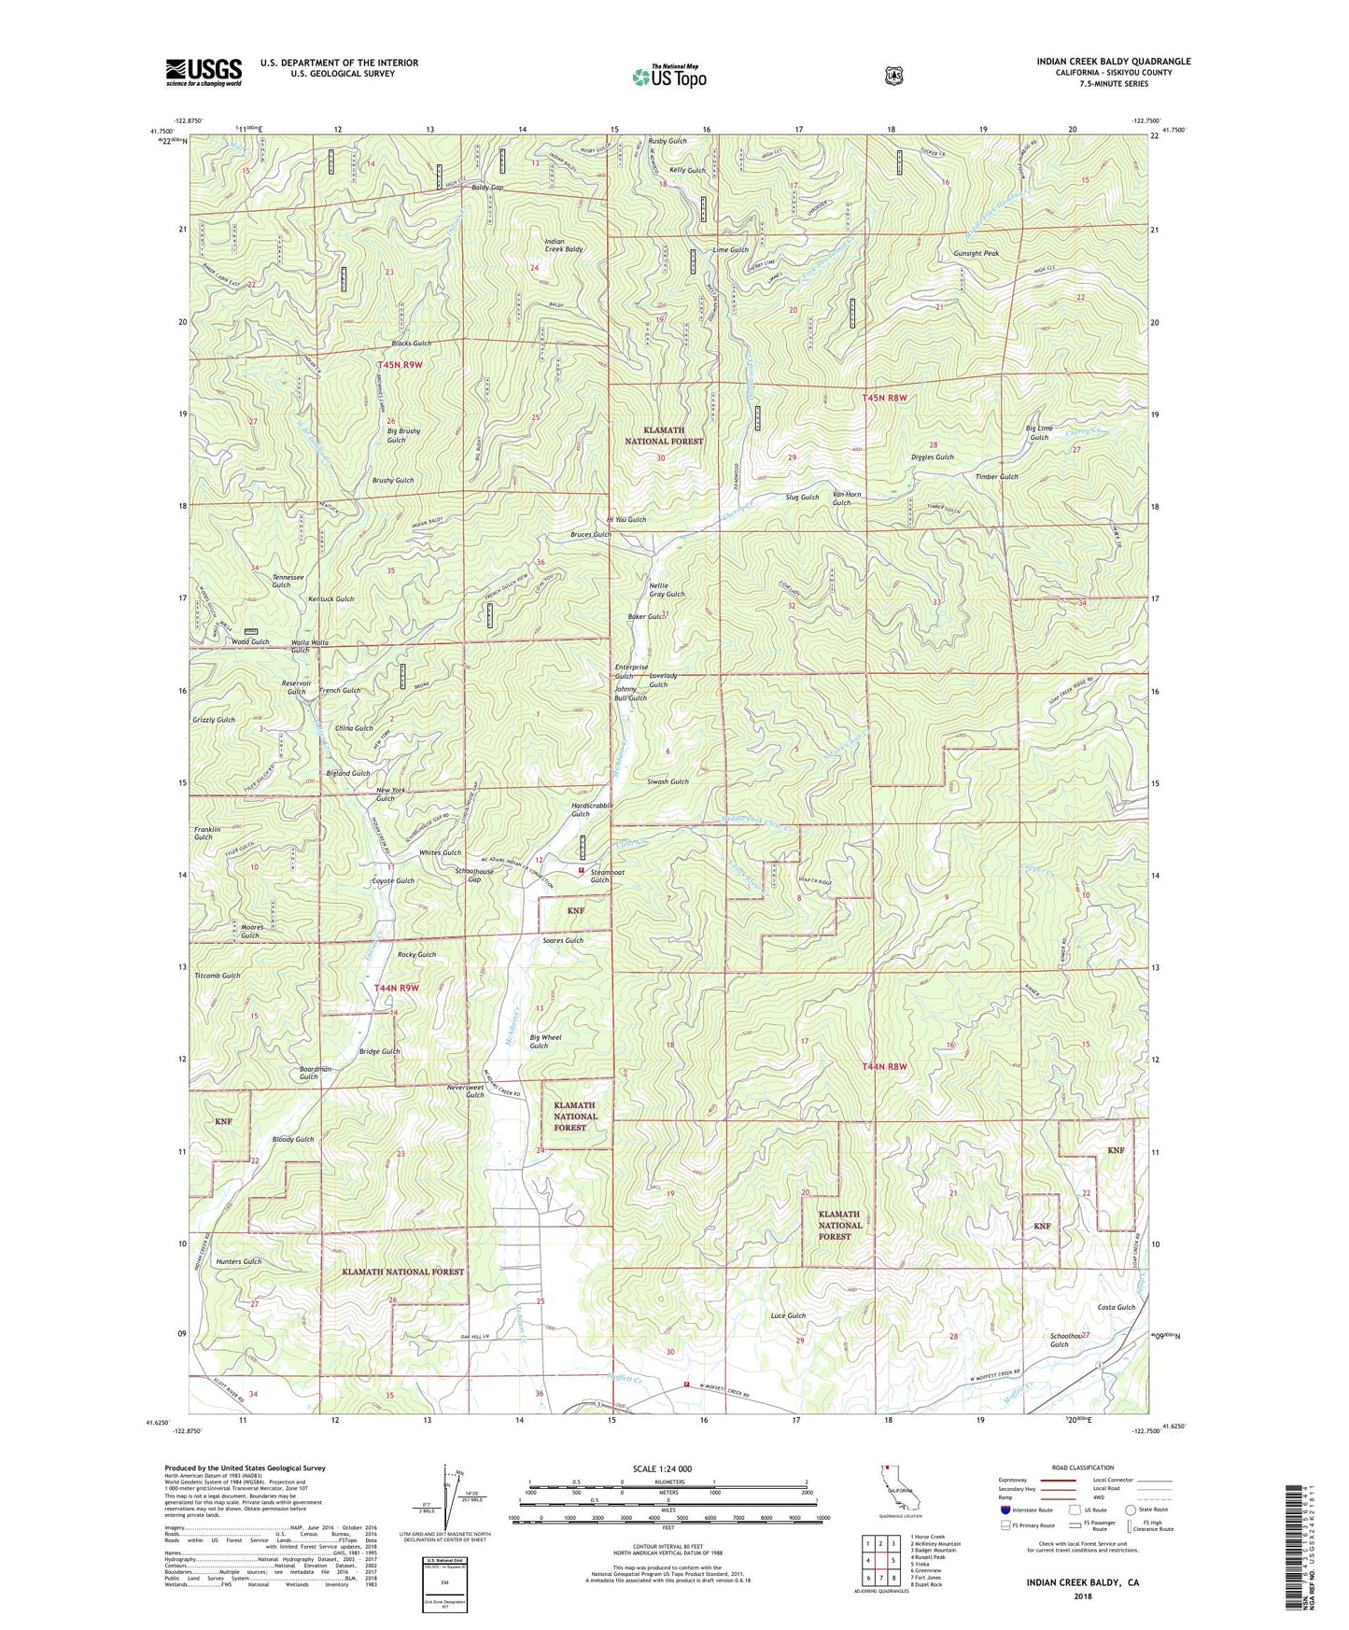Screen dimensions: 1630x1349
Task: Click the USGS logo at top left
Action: [x=204, y=72]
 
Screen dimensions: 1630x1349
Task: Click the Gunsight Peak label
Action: [x=977, y=253]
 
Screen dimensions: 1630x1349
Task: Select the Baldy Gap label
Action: [x=487, y=188]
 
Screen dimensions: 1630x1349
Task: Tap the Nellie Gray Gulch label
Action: [x=667, y=589]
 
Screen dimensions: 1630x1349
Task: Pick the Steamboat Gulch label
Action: [x=599, y=876]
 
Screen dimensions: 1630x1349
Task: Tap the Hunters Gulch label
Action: [x=239, y=1261]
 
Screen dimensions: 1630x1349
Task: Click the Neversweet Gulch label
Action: [x=466, y=1091]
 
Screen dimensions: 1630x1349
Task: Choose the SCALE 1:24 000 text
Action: [x=662, y=1468]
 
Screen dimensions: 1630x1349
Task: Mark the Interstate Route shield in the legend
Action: [x=1005, y=1509]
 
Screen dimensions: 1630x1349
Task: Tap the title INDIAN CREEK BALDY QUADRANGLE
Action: [x=1113, y=62]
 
